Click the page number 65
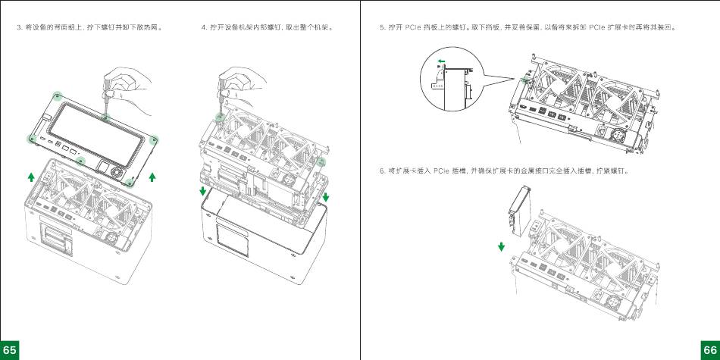10,349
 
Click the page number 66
709,349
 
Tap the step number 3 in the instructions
19,28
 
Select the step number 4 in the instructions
203,28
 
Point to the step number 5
382,28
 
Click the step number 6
382,170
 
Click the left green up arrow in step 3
30,177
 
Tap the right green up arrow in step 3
152,177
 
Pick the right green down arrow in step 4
326,197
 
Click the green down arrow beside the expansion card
501,247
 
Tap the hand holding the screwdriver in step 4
238,81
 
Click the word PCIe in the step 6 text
442,170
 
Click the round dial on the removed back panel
118,173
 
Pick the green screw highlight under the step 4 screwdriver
220,117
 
